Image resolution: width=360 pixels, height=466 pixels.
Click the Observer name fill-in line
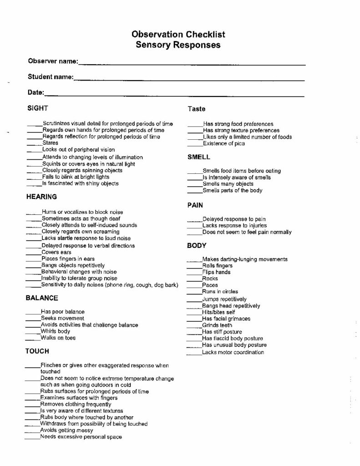(191, 64)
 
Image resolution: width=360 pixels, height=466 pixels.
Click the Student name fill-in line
(188, 80)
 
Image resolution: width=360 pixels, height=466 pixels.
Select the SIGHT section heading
(38, 108)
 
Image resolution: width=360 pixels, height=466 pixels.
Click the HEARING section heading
(41, 197)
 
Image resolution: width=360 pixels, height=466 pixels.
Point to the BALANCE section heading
(42, 298)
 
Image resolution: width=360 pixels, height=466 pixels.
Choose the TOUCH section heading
(37, 351)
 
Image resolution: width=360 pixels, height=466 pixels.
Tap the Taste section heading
(197, 109)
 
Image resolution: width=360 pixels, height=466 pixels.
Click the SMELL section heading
(198, 157)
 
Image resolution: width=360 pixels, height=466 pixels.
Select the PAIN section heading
(195, 205)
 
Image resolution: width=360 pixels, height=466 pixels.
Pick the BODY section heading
(197, 246)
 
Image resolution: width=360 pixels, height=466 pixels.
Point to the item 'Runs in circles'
(220, 292)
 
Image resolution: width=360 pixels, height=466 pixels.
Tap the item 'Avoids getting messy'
(66, 430)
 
